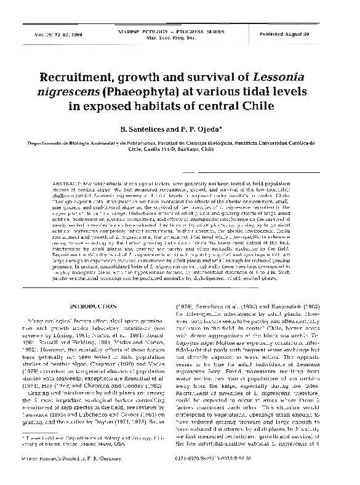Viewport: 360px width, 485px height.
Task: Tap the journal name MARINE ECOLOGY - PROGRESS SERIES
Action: pyautogui.click(x=178, y=30)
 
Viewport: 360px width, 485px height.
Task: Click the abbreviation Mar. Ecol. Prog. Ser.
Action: pyautogui.click(x=178, y=34)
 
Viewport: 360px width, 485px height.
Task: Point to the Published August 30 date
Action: pyautogui.click(x=305, y=31)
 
